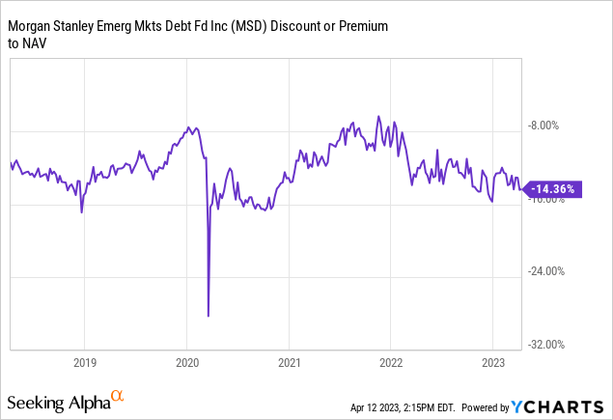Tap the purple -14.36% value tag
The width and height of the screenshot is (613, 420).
click(x=553, y=190)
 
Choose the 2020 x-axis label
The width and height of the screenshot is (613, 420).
click(x=186, y=363)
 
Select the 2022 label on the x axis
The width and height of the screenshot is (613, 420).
click(x=391, y=363)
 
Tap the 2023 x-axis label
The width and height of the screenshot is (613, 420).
click(x=493, y=363)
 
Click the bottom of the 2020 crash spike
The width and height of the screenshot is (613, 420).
click(x=209, y=315)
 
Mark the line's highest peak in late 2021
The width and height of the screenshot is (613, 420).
click(x=379, y=117)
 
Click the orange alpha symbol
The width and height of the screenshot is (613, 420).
click(x=117, y=396)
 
